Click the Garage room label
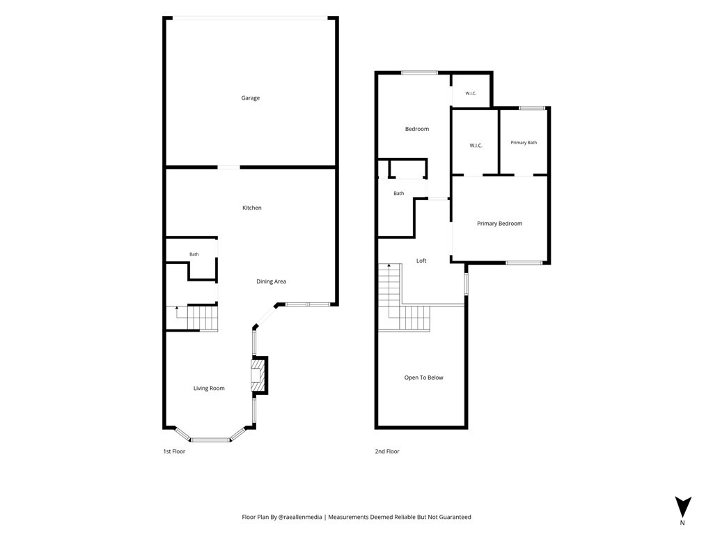(x=250, y=98)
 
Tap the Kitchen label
(x=251, y=208)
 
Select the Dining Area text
(x=271, y=281)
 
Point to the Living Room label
(x=209, y=389)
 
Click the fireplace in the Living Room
(x=259, y=375)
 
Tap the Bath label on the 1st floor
(x=194, y=254)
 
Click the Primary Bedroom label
(x=499, y=224)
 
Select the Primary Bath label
(x=524, y=143)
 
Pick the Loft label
(x=421, y=261)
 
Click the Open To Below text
(x=423, y=378)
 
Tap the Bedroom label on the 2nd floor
(x=417, y=129)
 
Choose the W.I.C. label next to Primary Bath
(x=476, y=146)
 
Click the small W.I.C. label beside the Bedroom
(x=471, y=94)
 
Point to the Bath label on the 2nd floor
(x=399, y=194)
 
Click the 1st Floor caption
(x=174, y=451)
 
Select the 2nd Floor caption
(x=387, y=451)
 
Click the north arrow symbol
(x=683, y=507)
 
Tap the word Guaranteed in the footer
(x=455, y=517)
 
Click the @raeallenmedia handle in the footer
(x=300, y=517)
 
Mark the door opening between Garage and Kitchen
(x=228, y=167)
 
